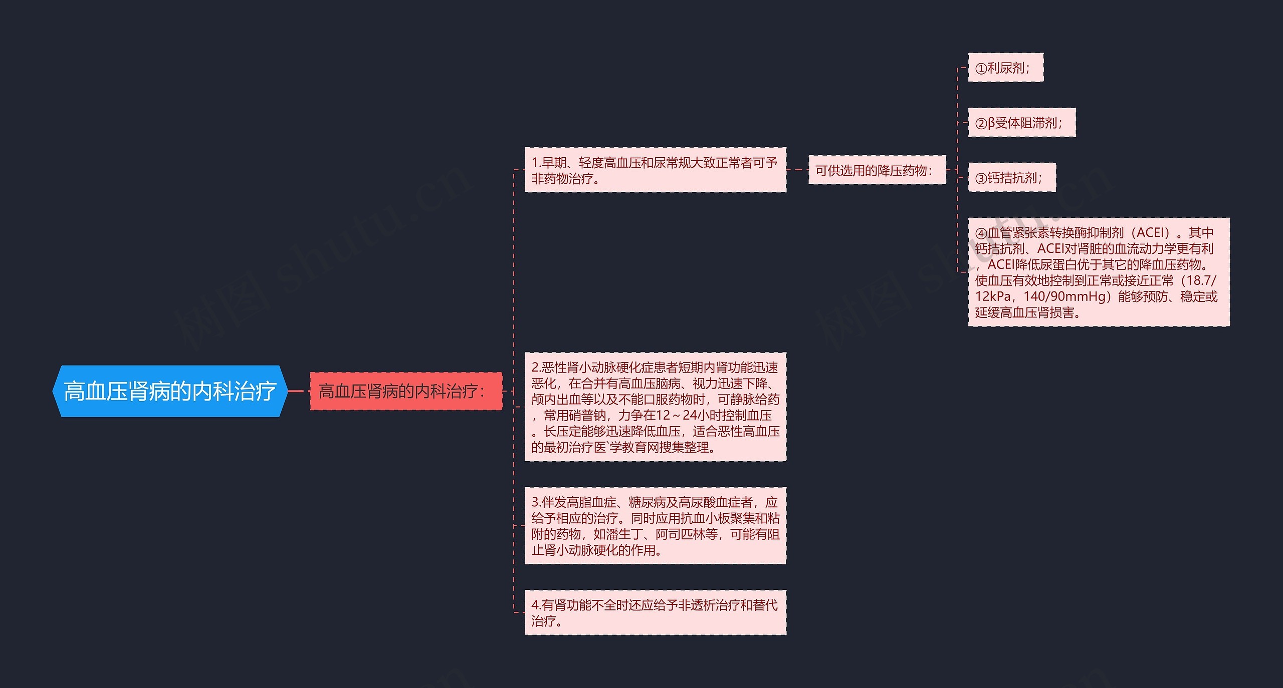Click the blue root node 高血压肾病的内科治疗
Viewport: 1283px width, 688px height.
(170, 391)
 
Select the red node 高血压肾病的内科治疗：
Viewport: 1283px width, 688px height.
(405, 391)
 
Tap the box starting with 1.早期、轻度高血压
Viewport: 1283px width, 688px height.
(655, 170)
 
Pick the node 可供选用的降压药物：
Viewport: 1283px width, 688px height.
(877, 170)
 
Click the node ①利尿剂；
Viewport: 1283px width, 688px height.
(1005, 68)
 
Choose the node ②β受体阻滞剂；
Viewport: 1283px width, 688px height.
(1021, 123)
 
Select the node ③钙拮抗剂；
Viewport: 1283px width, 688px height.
(1011, 178)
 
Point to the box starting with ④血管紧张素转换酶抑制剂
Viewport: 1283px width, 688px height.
(1098, 272)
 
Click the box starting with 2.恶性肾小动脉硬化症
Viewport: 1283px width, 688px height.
(655, 407)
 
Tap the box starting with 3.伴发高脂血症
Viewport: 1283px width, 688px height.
(655, 526)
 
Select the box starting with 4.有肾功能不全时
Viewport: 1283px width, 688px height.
(655, 613)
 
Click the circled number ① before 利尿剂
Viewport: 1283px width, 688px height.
(981, 69)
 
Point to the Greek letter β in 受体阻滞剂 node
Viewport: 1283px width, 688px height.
(991, 123)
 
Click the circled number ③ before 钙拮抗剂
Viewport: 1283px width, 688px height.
(981, 178)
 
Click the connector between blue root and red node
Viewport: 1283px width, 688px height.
(299, 391)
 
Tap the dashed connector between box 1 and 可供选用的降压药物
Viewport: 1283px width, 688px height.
(797, 170)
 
